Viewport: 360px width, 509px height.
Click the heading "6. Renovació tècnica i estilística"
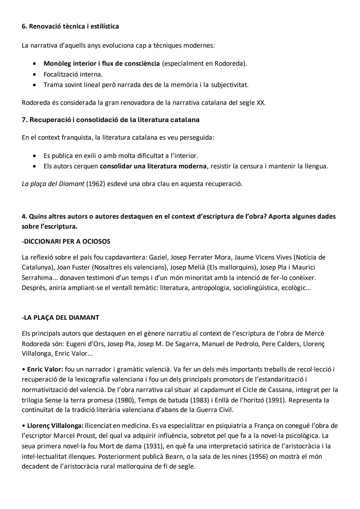pyautogui.click(x=70, y=26)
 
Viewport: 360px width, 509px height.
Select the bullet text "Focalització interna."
pyautogui.click(x=73, y=74)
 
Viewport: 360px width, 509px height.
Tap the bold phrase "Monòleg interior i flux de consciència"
pyautogui.click(x=102, y=63)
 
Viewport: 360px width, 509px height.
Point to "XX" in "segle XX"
pyautogui.click(x=261, y=103)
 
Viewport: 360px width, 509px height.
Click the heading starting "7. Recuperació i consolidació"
pyautogui.click(x=111, y=120)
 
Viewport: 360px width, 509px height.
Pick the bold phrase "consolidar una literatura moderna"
pyautogui.click(x=153, y=166)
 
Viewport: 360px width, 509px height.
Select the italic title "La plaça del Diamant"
pyautogui.click(x=53, y=184)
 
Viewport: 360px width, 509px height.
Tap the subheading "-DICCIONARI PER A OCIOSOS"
pyautogui.click(x=66, y=241)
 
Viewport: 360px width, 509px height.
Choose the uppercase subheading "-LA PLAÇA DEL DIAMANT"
pyautogui.click(x=60, y=317)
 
